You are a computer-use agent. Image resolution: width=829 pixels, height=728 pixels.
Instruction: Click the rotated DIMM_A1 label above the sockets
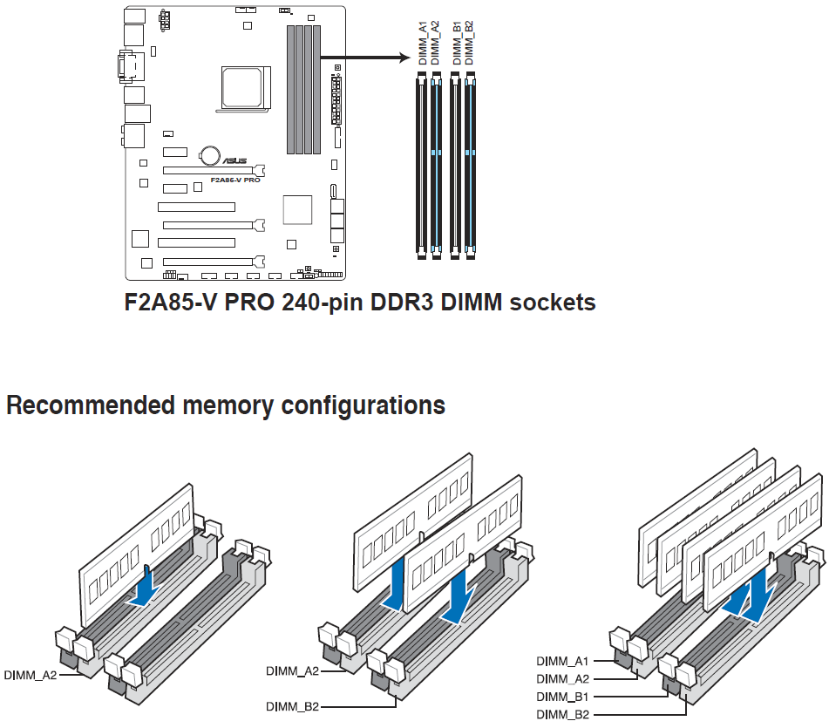[423, 44]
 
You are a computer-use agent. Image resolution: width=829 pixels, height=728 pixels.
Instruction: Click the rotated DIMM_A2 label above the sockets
[435, 44]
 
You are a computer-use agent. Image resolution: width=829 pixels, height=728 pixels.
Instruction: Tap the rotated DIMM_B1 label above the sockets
[458, 44]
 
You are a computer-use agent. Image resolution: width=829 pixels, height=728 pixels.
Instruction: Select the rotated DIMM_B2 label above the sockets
[470, 44]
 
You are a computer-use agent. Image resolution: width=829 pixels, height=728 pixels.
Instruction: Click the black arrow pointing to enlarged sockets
[365, 57]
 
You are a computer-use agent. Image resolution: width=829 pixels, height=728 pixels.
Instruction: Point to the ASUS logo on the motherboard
[234, 160]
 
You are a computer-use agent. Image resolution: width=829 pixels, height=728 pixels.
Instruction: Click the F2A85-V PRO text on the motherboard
[235, 180]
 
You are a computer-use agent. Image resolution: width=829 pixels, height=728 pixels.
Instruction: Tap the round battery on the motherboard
[210, 155]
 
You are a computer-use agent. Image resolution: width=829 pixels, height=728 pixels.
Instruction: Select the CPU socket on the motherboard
[244, 88]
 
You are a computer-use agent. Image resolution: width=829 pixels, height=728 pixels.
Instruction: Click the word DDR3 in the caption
[403, 303]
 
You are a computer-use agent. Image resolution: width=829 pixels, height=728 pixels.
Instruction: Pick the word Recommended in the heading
[91, 405]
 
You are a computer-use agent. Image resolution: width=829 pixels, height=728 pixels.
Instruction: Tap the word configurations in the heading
[364, 406]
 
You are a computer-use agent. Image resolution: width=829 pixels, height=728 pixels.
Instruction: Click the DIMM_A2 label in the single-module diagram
[31, 675]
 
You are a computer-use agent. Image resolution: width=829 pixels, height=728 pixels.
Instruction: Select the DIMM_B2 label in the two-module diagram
[292, 706]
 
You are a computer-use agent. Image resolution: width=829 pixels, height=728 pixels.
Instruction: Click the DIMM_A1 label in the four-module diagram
[562, 661]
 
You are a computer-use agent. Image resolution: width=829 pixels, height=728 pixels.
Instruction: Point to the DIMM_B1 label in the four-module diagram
[562, 697]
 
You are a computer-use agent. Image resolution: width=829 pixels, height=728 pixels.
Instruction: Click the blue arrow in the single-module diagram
[144, 588]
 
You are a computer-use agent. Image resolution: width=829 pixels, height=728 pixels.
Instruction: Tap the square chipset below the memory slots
[297, 209]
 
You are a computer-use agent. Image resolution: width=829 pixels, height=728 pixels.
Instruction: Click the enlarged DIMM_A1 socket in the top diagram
[422, 166]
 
